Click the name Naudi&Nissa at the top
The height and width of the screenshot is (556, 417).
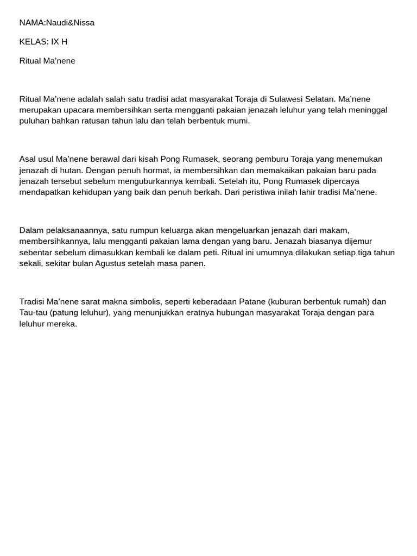pyautogui.click(x=70, y=23)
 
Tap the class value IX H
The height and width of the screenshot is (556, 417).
pyautogui.click(x=59, y=42)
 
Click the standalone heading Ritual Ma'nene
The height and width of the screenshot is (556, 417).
pyautogui.click(x=47, y=61)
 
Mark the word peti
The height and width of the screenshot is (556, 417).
pyautogui.click(x=211, y=252)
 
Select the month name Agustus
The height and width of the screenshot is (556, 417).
pyautogui.click(x=113, y=263)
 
